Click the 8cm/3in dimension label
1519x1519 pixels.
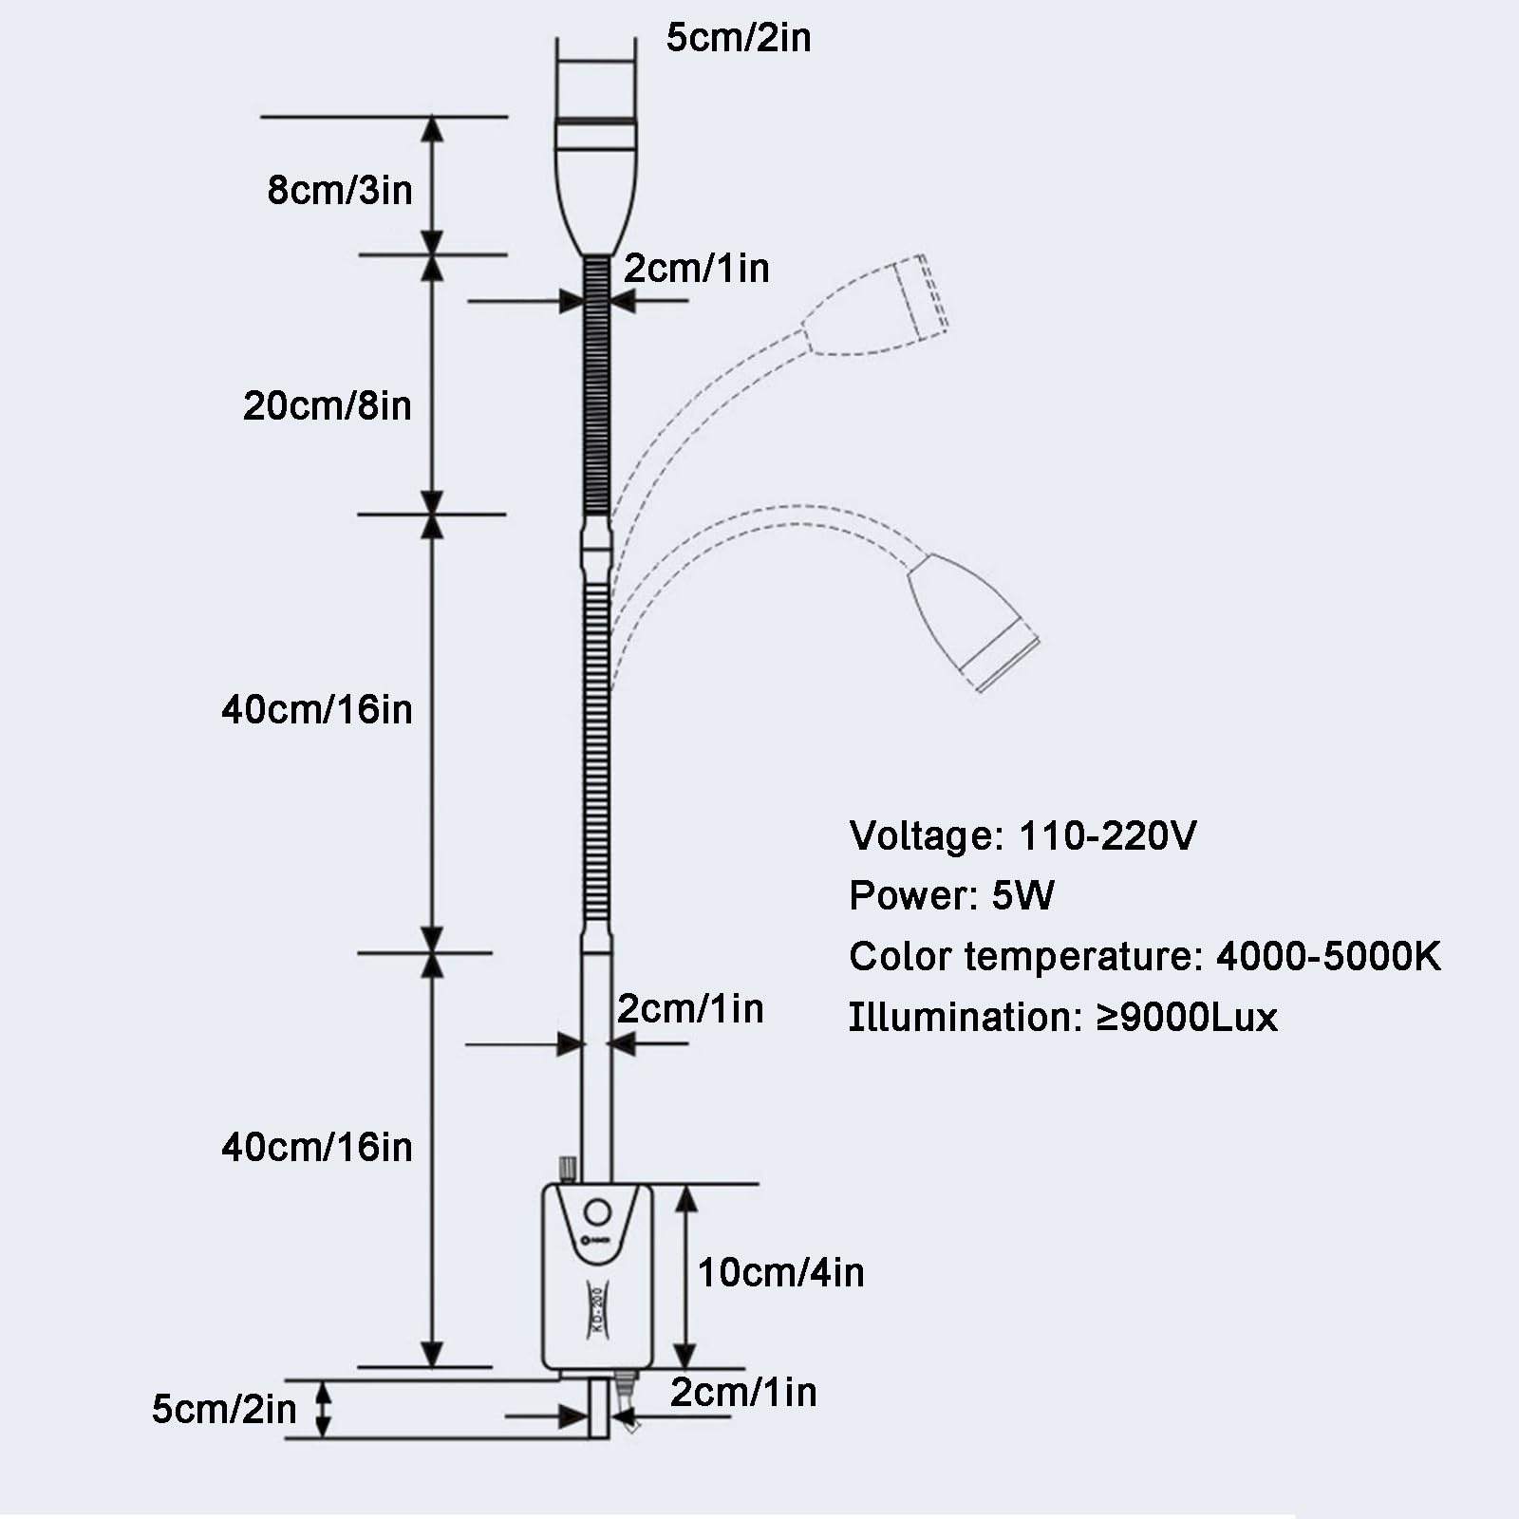340,190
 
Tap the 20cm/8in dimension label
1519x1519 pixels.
327,405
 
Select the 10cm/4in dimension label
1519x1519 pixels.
780,1272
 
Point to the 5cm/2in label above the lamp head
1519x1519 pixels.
739,38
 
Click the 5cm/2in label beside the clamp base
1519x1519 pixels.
224,1409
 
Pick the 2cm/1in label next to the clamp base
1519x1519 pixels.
743,1392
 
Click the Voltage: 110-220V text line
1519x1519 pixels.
1022,835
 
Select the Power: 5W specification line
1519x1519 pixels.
951,895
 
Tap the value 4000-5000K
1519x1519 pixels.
1328,956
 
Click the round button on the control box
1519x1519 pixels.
597,1212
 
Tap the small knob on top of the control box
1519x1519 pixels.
568,1168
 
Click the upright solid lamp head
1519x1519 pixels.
595,180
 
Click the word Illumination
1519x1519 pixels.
960,1017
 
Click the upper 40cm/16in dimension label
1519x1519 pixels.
317,709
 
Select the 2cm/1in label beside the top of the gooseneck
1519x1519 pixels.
696,269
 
